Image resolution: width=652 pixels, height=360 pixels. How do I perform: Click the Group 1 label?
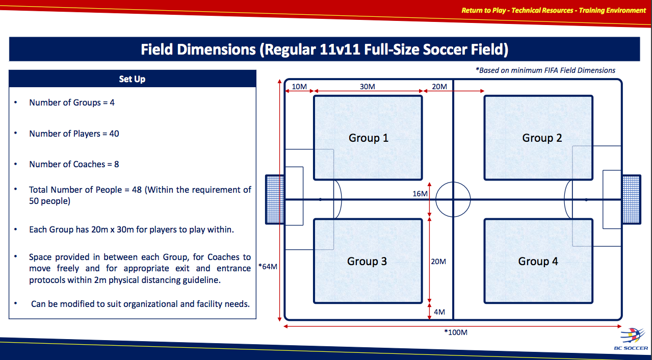tap(369, 138)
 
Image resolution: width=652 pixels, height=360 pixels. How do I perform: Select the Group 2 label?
tap(542, 138)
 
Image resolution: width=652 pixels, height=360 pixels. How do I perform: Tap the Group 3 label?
tap(367, 261)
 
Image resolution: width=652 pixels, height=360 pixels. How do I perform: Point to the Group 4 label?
tap(538, 261)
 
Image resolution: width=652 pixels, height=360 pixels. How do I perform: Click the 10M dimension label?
tap(299, 87)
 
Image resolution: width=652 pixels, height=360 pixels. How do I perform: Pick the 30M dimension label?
tap(368, 87)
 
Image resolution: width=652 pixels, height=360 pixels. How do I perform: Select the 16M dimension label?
tap(420, 194)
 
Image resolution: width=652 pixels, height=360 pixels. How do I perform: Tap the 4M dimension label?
tap(439, 312)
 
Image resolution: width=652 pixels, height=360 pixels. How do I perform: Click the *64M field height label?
tap(268, 267)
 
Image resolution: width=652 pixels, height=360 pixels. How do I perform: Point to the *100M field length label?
tap(456, 332)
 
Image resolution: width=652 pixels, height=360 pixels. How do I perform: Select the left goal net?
tap(275, 199)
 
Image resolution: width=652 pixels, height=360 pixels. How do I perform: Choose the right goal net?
tap(631, 199)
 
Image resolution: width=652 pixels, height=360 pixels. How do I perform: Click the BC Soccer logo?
tap(631, 339)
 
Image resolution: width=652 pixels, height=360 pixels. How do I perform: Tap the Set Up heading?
tap(132, 79)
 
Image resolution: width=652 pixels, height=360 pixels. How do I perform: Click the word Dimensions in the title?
tap(216, 49)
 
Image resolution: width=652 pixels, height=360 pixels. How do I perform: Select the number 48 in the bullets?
tap(137, 190)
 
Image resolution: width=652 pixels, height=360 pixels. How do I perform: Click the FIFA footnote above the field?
tap(545, 70)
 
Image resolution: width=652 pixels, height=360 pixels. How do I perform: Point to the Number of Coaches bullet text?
tap(74, 164)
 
